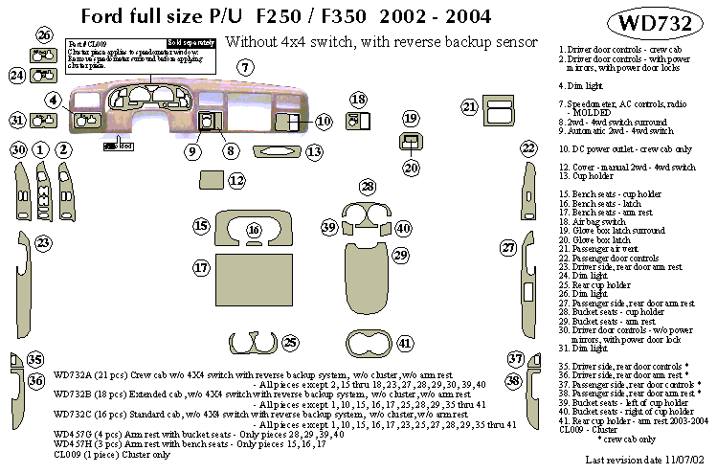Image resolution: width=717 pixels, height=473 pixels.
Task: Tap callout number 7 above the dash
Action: click(246, 67)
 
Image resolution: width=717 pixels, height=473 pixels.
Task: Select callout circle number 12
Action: click(235, 180)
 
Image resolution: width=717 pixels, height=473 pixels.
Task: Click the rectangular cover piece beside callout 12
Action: click(212, 179)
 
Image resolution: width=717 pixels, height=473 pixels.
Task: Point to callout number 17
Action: click(201, 269)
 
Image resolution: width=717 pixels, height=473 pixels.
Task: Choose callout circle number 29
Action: click(400, 255)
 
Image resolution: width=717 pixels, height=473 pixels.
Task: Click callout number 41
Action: click(405, 343)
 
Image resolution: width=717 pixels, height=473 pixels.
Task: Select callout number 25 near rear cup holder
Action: click(290, 342)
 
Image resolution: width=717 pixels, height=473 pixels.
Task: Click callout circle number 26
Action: click(43, 35)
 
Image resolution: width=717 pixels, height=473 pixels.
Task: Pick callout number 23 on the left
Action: click(43, 243)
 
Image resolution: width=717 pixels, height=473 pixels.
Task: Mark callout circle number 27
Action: click(508, 247)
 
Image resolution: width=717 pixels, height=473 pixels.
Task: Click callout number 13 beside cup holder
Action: click(315, 152)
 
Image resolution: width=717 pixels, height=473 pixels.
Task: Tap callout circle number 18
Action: click(358, 100)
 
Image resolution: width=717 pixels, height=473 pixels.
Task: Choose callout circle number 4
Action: click(55, 98)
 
